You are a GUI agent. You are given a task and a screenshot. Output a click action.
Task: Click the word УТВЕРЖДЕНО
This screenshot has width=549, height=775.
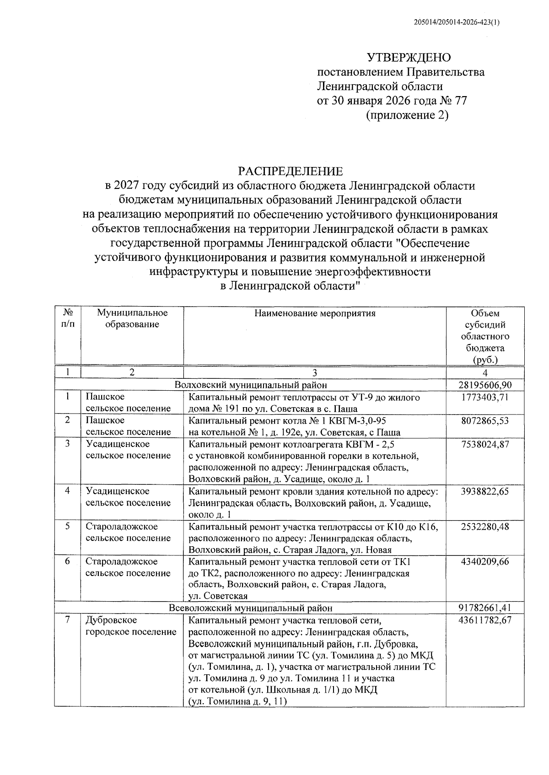(409, 58)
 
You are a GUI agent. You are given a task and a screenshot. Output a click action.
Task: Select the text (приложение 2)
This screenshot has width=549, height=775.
(407, 115)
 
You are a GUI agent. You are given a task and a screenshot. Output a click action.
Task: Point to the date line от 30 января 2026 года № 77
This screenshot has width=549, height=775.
(392, 101)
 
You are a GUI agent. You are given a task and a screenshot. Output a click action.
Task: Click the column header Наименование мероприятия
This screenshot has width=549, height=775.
(315, 313)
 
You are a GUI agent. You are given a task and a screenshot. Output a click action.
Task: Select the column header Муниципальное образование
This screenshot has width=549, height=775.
(132, 319)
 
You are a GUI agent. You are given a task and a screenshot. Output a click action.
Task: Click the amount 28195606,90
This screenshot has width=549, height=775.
(485, 385)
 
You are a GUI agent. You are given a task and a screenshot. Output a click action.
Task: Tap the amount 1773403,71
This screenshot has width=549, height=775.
(485, 397)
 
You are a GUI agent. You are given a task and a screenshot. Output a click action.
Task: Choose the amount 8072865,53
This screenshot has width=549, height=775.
(485, 420)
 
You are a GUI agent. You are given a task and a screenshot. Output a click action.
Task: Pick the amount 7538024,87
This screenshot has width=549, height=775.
(485, 444)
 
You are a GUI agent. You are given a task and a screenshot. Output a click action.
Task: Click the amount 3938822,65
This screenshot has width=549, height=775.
(485, 491)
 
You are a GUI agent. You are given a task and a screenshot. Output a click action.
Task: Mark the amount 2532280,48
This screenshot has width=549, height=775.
(485, 527)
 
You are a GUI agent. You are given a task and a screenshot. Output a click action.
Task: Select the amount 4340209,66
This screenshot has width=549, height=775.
(485, 562)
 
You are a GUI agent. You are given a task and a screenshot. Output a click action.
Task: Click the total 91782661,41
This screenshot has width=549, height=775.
(485, 608)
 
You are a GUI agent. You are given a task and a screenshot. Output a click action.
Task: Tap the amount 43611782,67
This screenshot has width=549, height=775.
(485, 620)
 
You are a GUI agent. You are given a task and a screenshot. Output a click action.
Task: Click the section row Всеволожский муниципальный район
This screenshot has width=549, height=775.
(251, 608)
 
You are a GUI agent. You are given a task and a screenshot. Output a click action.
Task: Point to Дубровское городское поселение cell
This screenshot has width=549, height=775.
(131, 626)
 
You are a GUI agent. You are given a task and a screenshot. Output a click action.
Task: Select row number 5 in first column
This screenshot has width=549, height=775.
(67, 526)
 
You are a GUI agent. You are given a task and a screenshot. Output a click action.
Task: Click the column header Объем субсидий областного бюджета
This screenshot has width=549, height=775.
(485, 336)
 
